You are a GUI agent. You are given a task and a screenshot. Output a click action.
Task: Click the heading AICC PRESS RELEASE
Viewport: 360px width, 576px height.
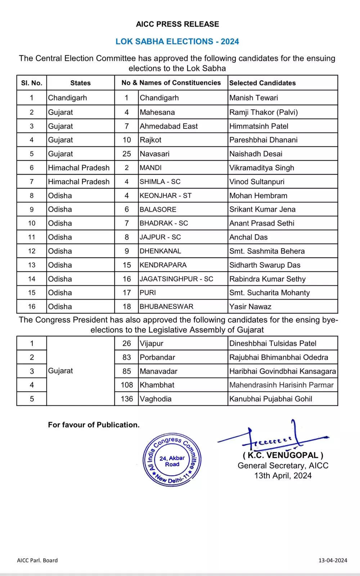[x=177, y=24]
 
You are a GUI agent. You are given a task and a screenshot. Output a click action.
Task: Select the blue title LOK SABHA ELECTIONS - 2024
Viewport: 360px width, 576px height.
[x=177, y=41]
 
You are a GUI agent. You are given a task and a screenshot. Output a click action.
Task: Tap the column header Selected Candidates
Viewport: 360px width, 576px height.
[x=262, y=83]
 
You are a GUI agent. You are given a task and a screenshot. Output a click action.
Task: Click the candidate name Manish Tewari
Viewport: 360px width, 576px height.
[x=253, y=98]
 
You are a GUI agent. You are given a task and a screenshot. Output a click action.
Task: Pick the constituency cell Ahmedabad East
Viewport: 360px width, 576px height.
[x=168, y=126]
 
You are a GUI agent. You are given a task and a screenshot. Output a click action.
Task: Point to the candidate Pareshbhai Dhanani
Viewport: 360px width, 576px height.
[x=263, y=140]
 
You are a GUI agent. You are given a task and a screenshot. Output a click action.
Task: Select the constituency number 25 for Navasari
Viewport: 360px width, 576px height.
[x=127, y=154]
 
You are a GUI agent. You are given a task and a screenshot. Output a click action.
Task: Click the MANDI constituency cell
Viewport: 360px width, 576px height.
[x=150, y=168]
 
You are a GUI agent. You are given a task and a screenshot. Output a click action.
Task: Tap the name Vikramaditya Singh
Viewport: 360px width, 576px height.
[x=262, y=168]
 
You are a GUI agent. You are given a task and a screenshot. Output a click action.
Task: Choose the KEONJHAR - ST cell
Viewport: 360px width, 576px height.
[x=166, y=195]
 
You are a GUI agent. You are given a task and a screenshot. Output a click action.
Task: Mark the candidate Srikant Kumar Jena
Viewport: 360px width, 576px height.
[x=262, y=209]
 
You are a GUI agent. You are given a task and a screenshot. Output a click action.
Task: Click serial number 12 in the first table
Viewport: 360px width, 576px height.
[x=32, y=251]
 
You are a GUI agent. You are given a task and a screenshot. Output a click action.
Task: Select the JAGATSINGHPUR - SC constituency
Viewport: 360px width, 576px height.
[x=176, y=279]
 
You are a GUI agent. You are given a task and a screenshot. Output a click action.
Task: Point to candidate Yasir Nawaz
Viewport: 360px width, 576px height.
[x=250, y=307]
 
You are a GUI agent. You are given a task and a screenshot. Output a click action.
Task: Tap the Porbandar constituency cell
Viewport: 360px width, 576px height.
[x=157, y=357]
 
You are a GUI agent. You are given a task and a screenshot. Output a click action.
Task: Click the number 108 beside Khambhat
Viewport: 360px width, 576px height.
[x=127, y=385]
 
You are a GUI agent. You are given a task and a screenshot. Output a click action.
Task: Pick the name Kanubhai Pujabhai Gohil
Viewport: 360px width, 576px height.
[x=270, y=399]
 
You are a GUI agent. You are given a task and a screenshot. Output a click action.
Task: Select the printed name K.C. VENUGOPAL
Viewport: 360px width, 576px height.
[x=283, y=455]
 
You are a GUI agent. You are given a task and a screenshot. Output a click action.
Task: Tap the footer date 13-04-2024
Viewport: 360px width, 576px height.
[x=333, y=560]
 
